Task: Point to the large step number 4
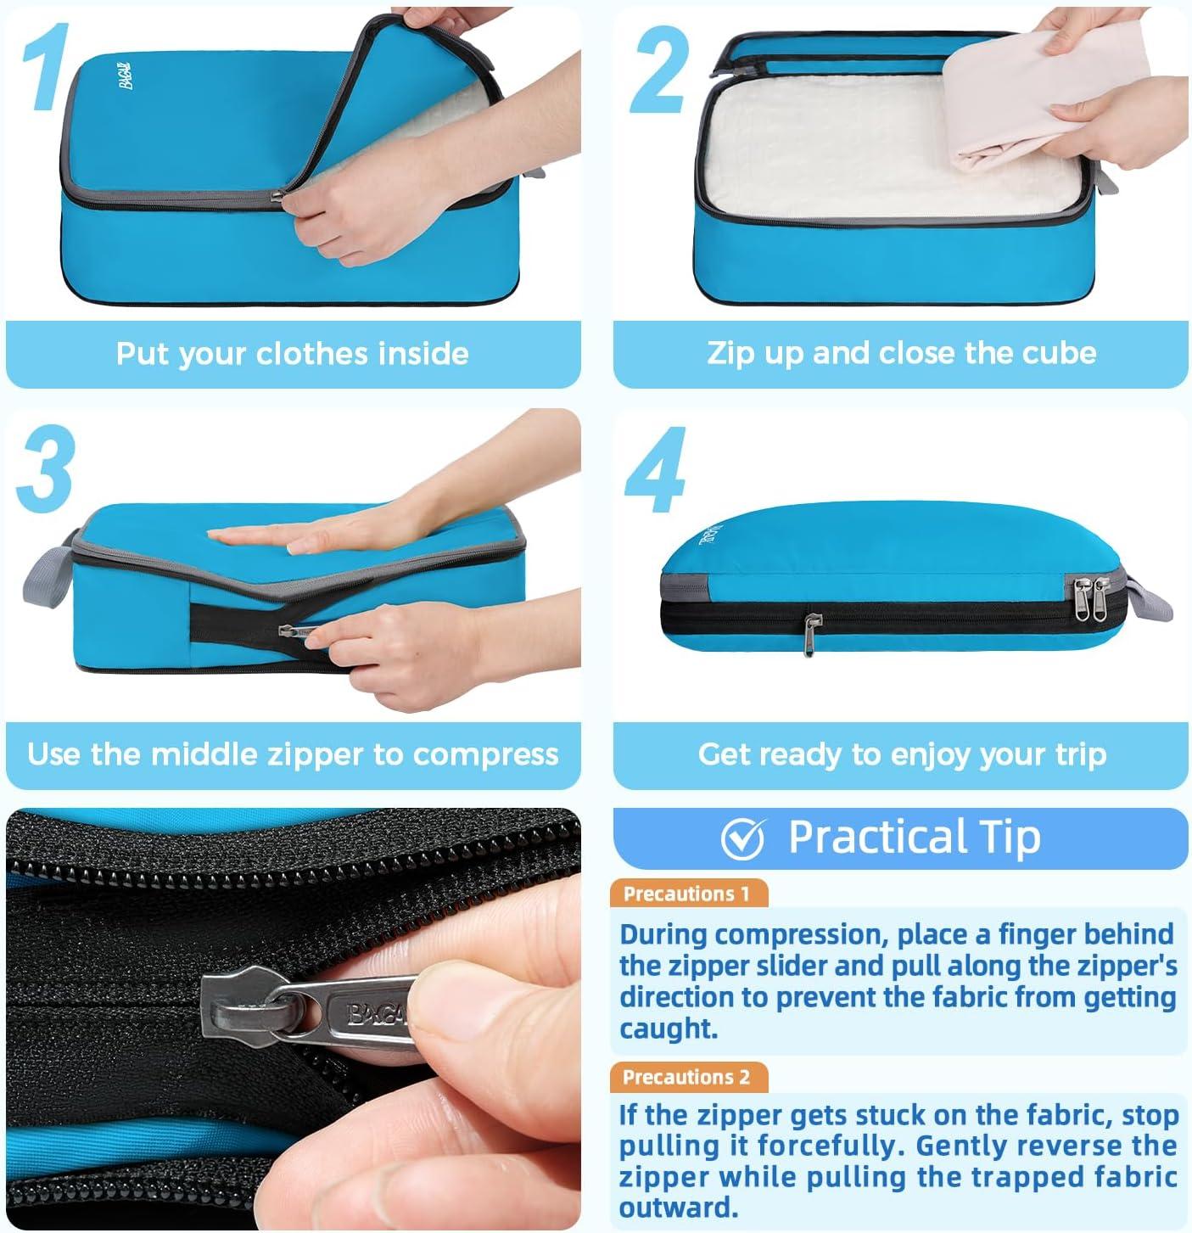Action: click(656, 469)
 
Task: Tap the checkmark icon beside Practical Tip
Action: click(742, 838)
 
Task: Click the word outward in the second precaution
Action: click(679, 1208)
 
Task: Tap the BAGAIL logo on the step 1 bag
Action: click(126, 76)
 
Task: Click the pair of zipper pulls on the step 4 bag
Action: click(1090, 598)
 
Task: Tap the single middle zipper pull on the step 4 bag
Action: click(809, 634)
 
